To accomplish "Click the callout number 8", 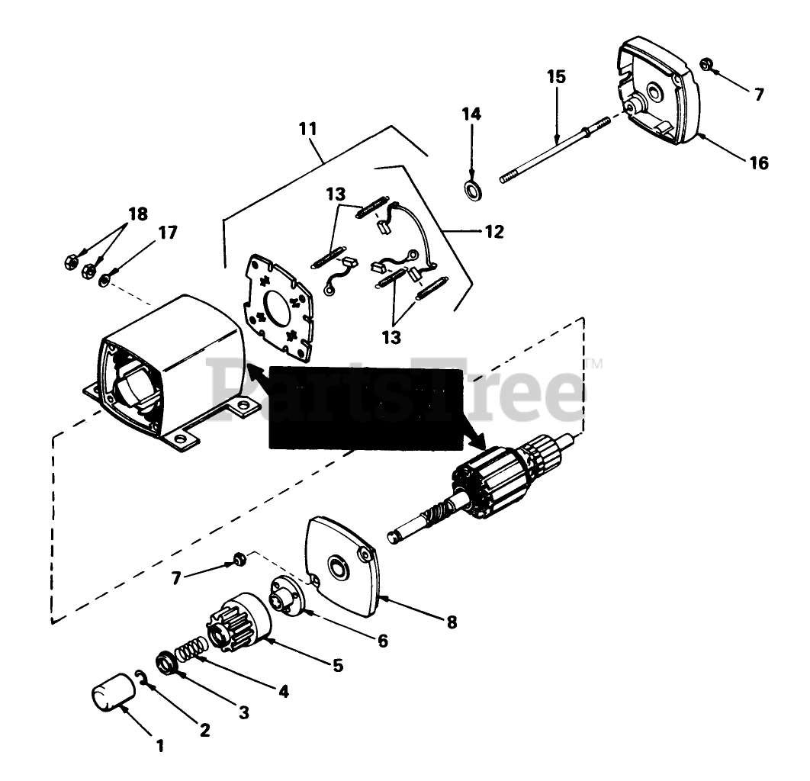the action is point(452,622).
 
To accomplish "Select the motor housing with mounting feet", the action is point(164,366).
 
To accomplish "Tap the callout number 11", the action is point(308,129).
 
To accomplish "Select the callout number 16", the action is point(759,162).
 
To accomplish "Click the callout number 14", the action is point(471,115).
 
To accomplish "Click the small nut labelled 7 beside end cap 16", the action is point(706,64).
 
